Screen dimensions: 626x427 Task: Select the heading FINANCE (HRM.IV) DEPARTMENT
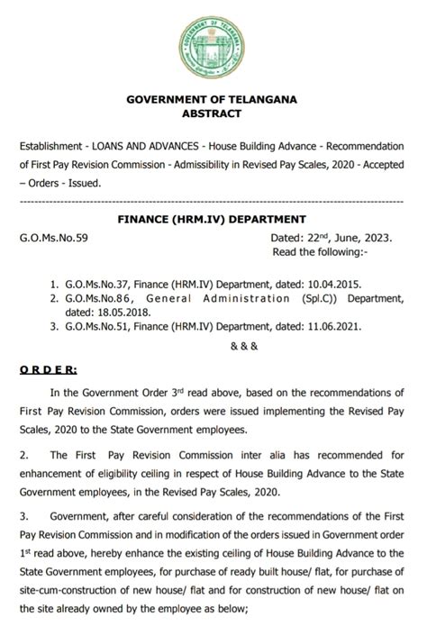click(213, 219)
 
